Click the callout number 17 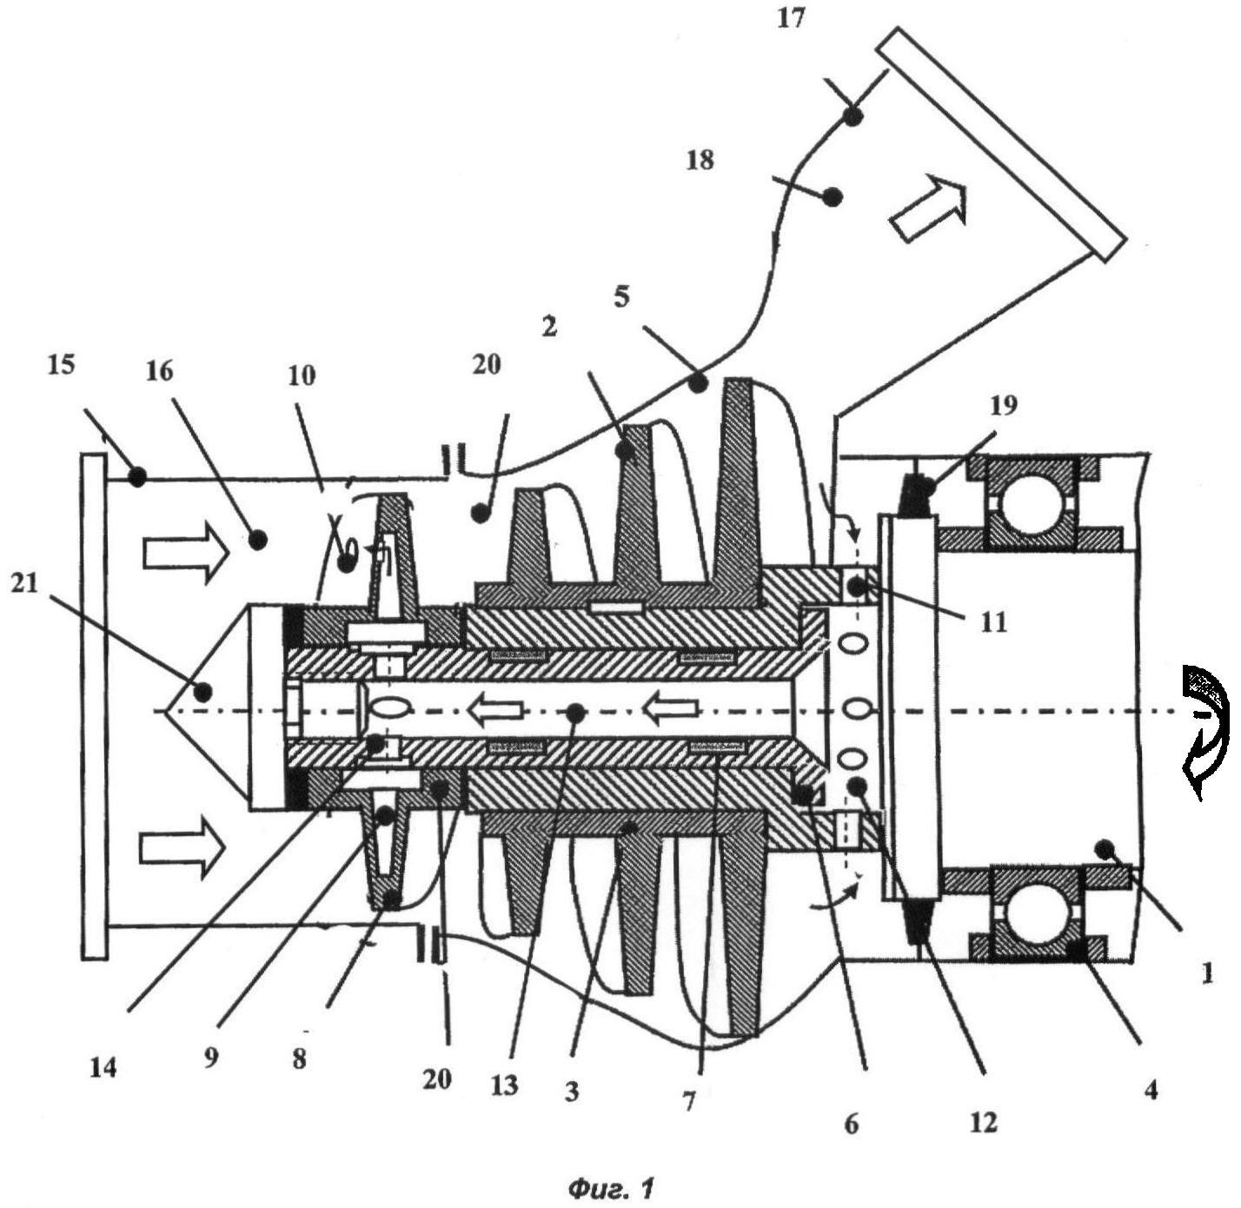[x=791, y=18]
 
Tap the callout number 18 [x=700, y=160]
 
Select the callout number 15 [x=61, y=364]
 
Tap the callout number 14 [x=103, y=1067]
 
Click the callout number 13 [x=504, y=1084]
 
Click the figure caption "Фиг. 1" [x=610, y=1187]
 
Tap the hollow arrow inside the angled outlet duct [x=929, y=206]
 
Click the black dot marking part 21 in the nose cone [x=203, y=692]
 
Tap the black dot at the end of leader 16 [x=256, y=540]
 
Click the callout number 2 [x=548, y=327]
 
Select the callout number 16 [x=160, y=371]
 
